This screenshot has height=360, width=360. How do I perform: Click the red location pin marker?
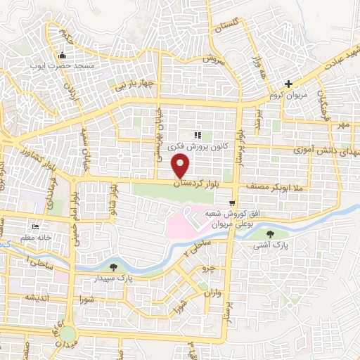pyautogui.click(x=181, y=167)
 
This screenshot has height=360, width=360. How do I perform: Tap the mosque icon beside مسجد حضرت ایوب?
pyautogui.click(x=62, y=56)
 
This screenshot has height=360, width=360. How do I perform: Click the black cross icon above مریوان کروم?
pyautogui.click(x=288, y=84)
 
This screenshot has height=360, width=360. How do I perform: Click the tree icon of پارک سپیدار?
pyautogui.click(x=113, y=267)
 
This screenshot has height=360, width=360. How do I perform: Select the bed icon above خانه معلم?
pyautogui.click(x=34, y=227)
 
